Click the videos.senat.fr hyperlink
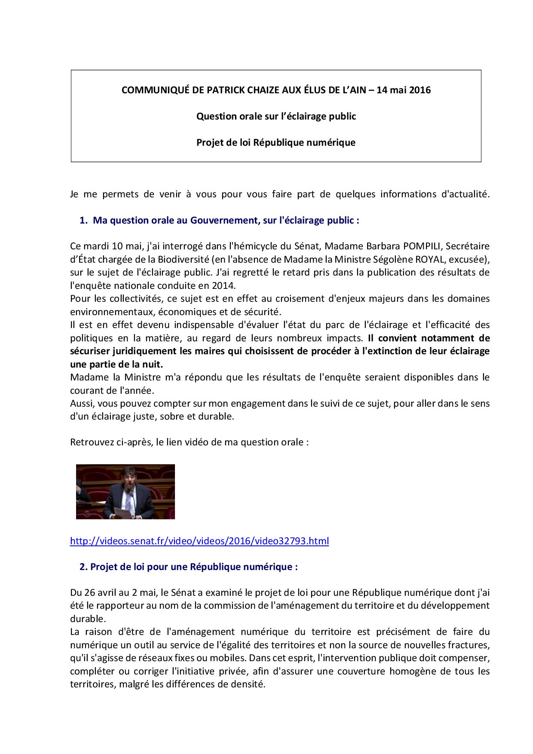point(199,541)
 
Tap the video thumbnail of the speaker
point(126,492)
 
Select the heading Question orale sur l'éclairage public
point(276,116)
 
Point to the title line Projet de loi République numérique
point(276,143)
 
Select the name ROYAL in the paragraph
point(430,260)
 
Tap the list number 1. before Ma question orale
point(83,221)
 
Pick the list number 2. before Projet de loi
point(83,567)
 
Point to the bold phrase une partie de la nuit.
point(116,365)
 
